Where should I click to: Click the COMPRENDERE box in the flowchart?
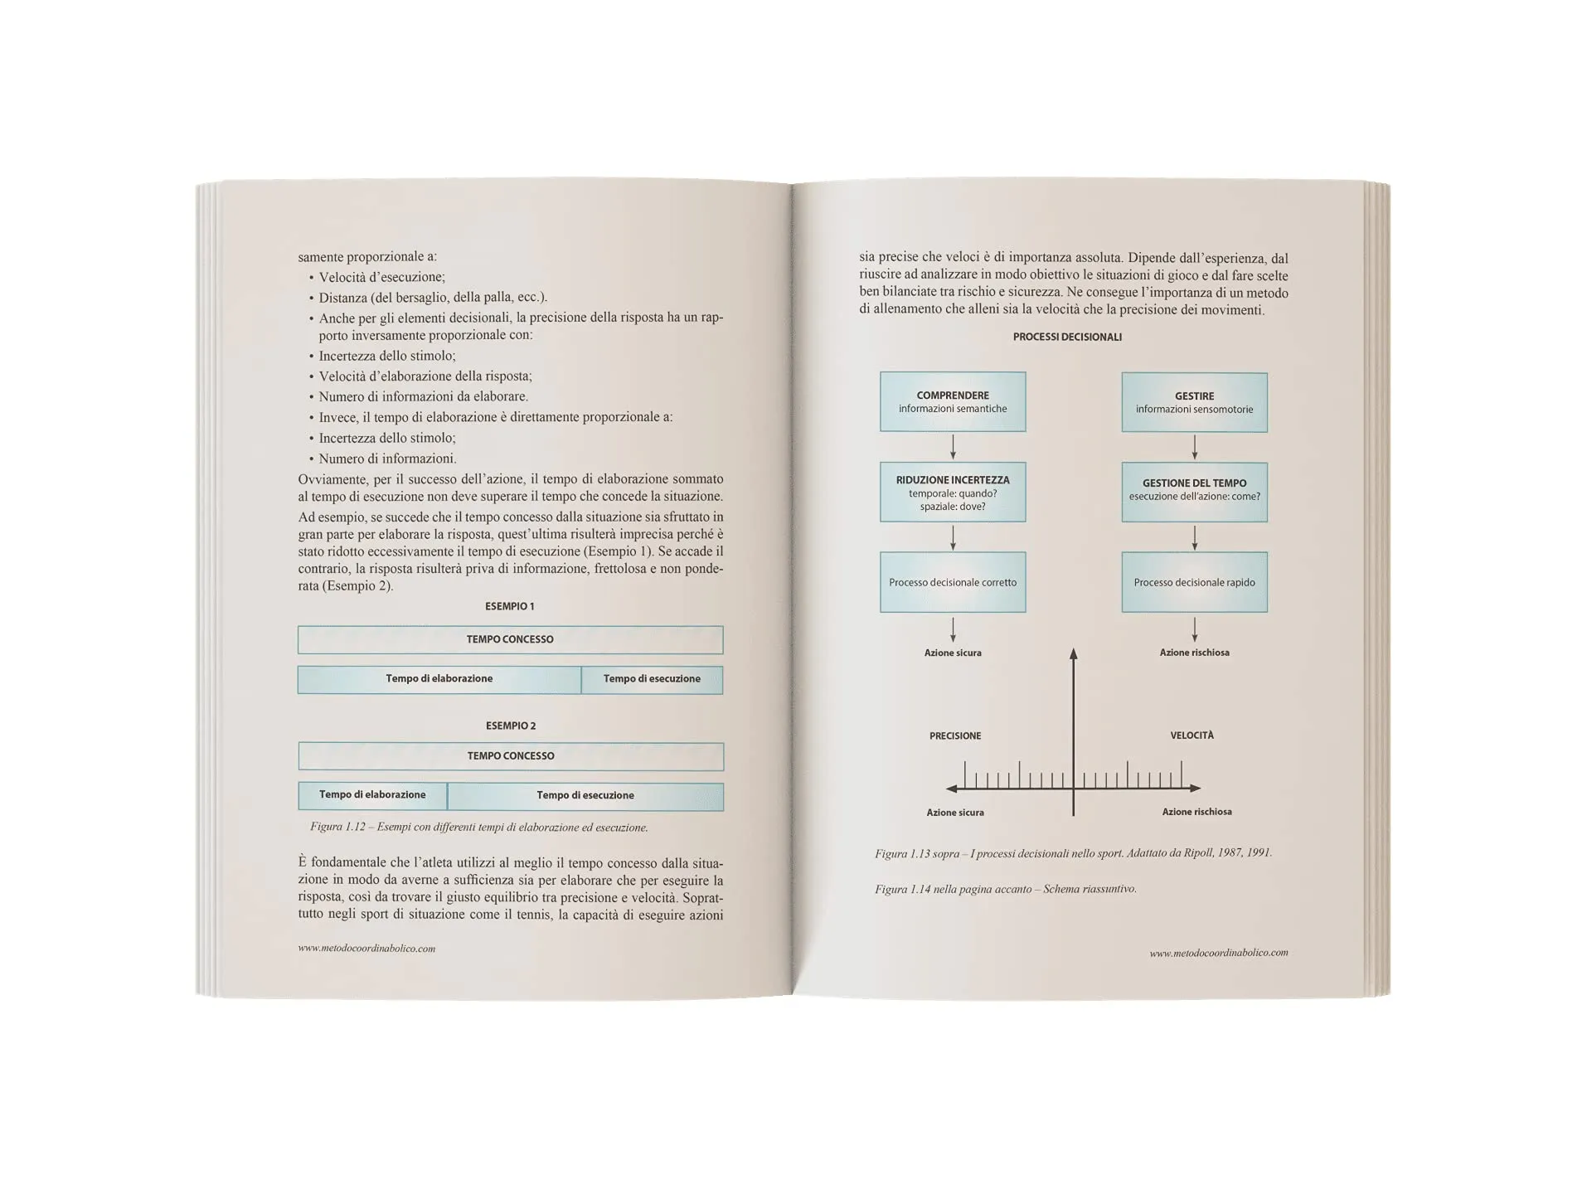point(953,401)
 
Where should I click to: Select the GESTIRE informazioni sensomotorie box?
point(1194,402)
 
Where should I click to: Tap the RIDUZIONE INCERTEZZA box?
point(953,492)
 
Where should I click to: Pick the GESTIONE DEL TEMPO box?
point(1194,492)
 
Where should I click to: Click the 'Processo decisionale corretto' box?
point(953,582)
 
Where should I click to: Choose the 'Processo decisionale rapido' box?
point(1194,582)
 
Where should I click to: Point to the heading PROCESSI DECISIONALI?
point(1067,337)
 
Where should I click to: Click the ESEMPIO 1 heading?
point(509,606)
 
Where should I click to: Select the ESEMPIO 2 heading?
point(510,726)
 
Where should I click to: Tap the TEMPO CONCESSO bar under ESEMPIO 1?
point(510,639)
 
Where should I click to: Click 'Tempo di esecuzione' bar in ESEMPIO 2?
point(585,795)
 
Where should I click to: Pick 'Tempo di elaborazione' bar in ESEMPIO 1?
point(439,679)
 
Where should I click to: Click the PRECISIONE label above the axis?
point(955,735)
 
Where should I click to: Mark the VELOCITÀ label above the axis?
point(1192,735)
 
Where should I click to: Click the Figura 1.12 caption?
point(478,827)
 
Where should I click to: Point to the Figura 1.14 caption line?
point(1005,889)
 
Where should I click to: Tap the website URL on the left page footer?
point(366,949)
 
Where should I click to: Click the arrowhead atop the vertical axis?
point(1073,654)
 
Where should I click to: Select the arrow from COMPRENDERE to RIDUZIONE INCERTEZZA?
point(953,447)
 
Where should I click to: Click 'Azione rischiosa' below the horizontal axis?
point(1196,812)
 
